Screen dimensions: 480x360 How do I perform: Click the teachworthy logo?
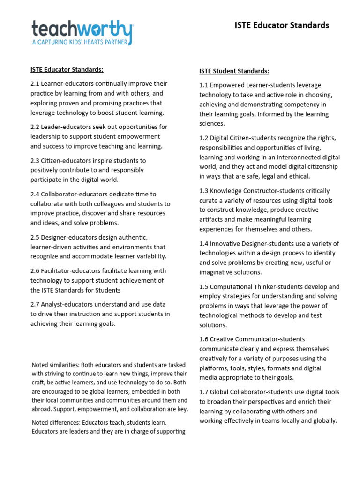pyautogui.click(x=82, y=29)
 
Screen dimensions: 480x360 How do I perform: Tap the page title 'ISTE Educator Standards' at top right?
pyautogui.click(x=282, y=25)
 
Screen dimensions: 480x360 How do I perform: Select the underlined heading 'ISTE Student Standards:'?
pyautogui.click(x=234, y=71)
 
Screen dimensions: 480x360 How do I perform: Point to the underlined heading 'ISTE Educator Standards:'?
pyautogui.click(x=67, y=70)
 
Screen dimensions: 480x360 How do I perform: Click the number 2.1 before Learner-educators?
pyautogui.click(x=35, y=84)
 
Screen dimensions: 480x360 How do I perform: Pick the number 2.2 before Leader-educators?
pyautogui.click(x=35, y=127)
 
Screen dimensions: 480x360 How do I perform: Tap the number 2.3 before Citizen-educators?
pyautogui.click(x=35, y=161)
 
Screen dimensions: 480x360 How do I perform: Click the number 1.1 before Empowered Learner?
pyautogui.click(x=204, y=85)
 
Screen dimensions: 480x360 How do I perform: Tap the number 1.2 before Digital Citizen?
pyautogui.click(x=204, y=138)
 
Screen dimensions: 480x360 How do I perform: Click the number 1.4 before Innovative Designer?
pyautogui.click(x=204, y=243)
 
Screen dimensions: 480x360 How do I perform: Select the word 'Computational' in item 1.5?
pyautogui.click(x=230, y=286)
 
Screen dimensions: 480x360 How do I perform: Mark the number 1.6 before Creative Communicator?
pyautogui.click(x=204, y=339)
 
